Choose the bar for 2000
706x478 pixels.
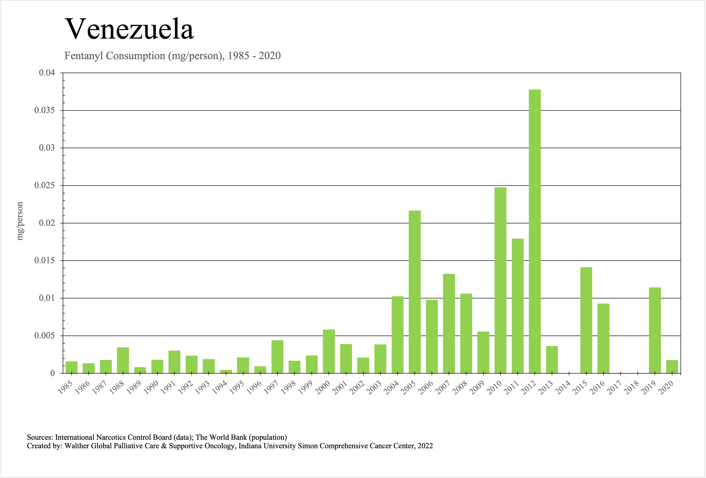329,351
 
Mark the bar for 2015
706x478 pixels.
586,320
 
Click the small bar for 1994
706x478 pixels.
226,372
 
